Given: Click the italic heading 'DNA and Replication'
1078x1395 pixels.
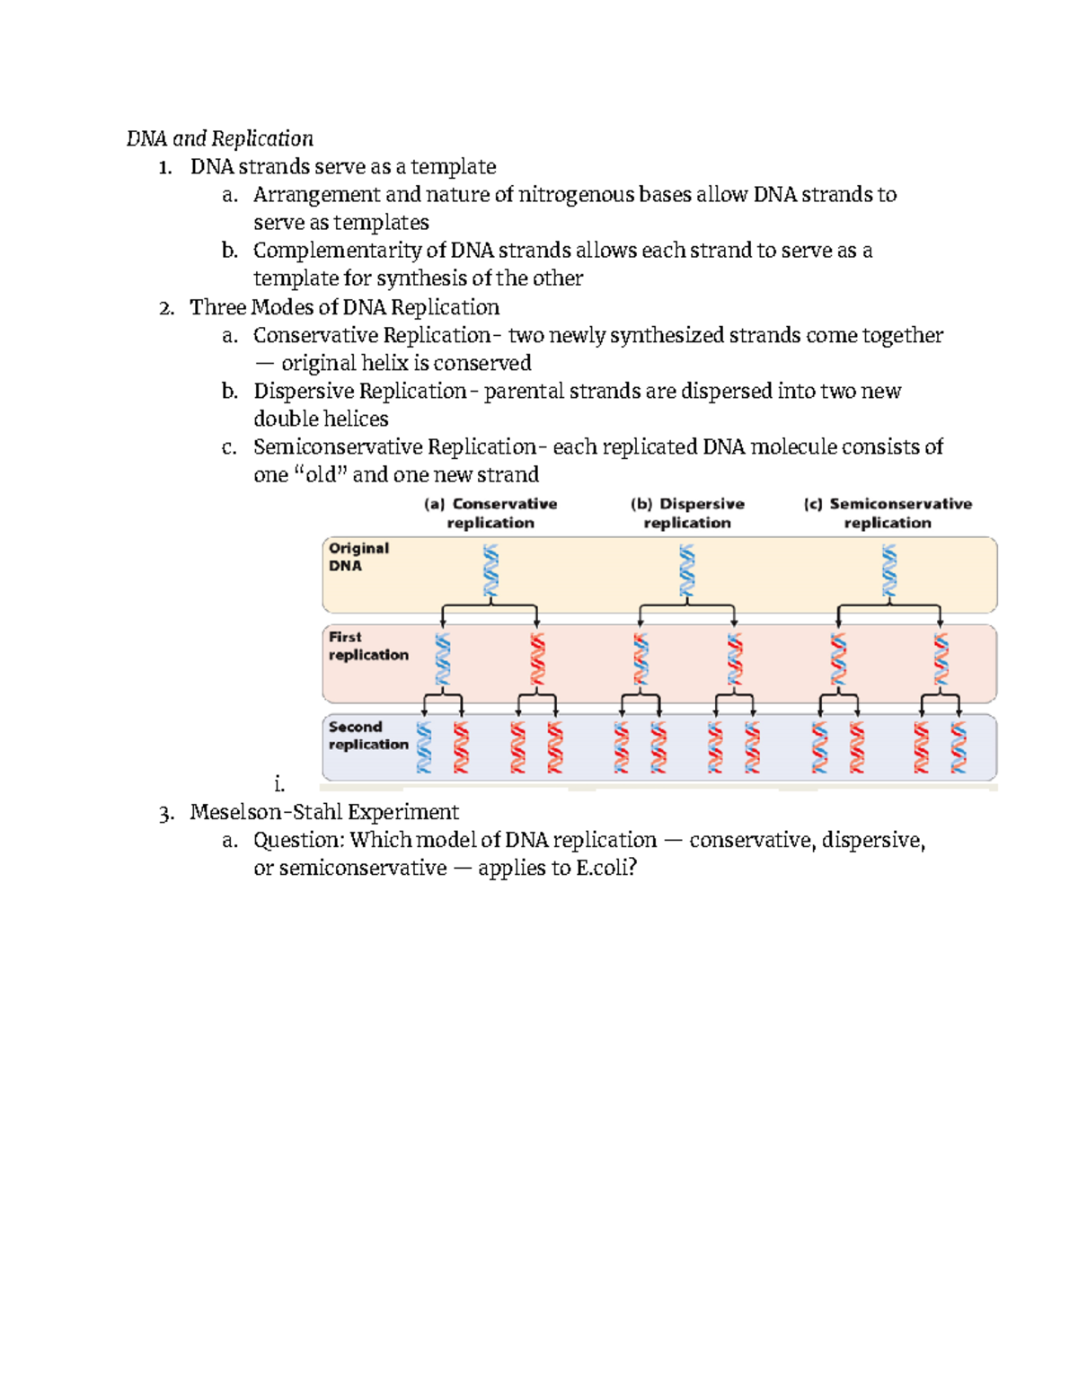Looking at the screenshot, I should [x=219, y=138].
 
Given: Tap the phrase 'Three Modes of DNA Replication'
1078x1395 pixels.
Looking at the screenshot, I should [x=344, y=307].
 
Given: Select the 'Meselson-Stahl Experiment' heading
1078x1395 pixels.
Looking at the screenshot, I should [x=324, y=812].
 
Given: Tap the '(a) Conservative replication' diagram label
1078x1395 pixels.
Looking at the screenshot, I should [x=490, y=513].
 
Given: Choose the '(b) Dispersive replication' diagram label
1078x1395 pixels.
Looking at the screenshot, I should [x=687, y=513].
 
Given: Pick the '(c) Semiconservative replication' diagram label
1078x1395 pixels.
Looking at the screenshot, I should [x=888, y=513].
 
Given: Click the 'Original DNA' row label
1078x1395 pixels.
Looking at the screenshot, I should [x=358, y=557].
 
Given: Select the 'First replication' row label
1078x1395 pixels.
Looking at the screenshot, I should [x=368, y=646].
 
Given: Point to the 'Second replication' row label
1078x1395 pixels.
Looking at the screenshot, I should [x=368, y=736].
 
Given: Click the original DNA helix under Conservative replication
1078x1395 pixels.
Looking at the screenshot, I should [x=490, y=570].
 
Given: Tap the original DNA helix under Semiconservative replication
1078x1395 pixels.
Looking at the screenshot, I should [x=889, y=570].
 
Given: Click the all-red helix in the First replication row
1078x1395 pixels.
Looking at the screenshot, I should [x=537, y=659].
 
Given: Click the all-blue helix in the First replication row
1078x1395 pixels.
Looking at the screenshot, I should [x=443, y=659].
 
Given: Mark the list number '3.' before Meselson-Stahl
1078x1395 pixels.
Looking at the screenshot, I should [x=165, y=813].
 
